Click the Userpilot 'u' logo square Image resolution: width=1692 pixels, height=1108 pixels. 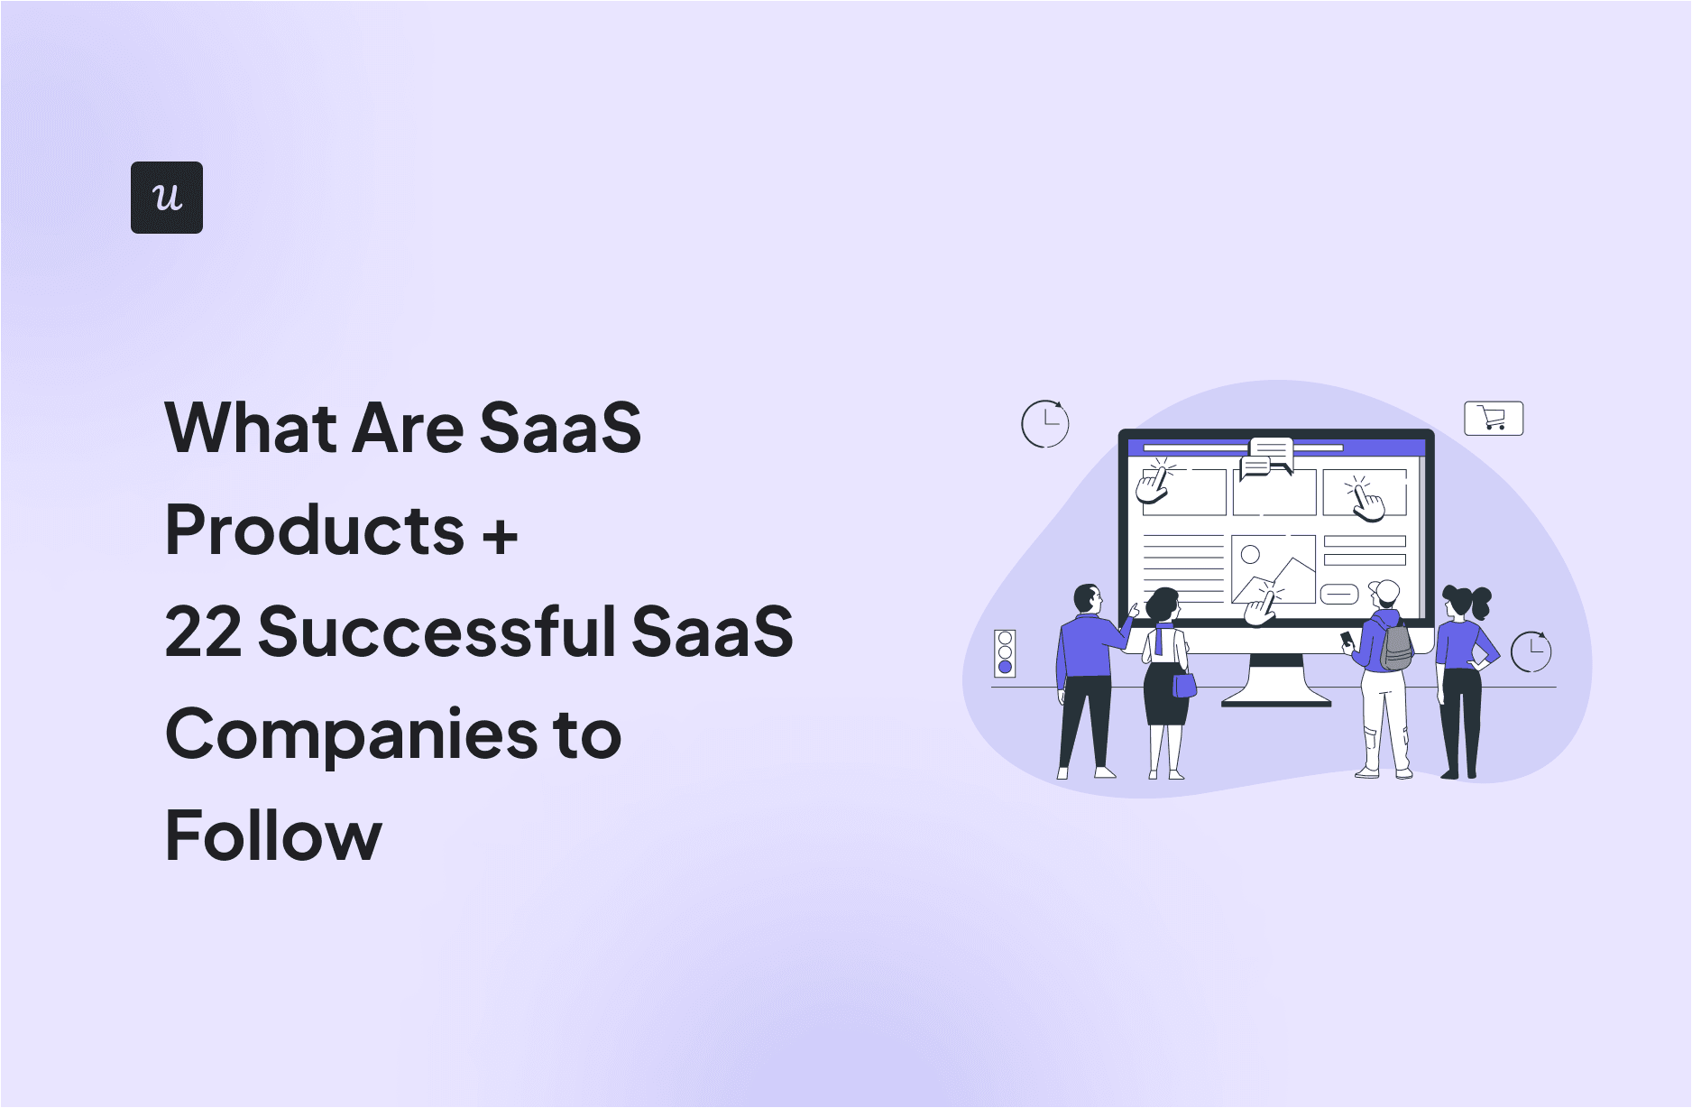pos(167,198)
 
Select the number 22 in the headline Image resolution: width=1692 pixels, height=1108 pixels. pos(202,632)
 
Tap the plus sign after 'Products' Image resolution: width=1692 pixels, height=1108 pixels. pos(500,534)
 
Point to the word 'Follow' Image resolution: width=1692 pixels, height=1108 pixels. pos(273,836)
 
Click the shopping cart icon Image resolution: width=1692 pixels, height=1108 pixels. pos(1493,419)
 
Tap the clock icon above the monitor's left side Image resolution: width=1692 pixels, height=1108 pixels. pos(1044,423)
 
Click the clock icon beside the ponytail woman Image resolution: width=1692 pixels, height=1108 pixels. pos(1531,651)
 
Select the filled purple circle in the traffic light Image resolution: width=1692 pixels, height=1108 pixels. pos(1005,667)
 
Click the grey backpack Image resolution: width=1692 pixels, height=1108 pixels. pos(1396,646)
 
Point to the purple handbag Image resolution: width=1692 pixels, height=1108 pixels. pos(1183,686)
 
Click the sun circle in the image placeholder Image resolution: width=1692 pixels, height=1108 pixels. pos(1250,554)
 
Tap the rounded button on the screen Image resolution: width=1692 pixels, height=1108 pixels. pos(1338,595)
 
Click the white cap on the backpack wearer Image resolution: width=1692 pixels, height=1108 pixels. pos(1385,591)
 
